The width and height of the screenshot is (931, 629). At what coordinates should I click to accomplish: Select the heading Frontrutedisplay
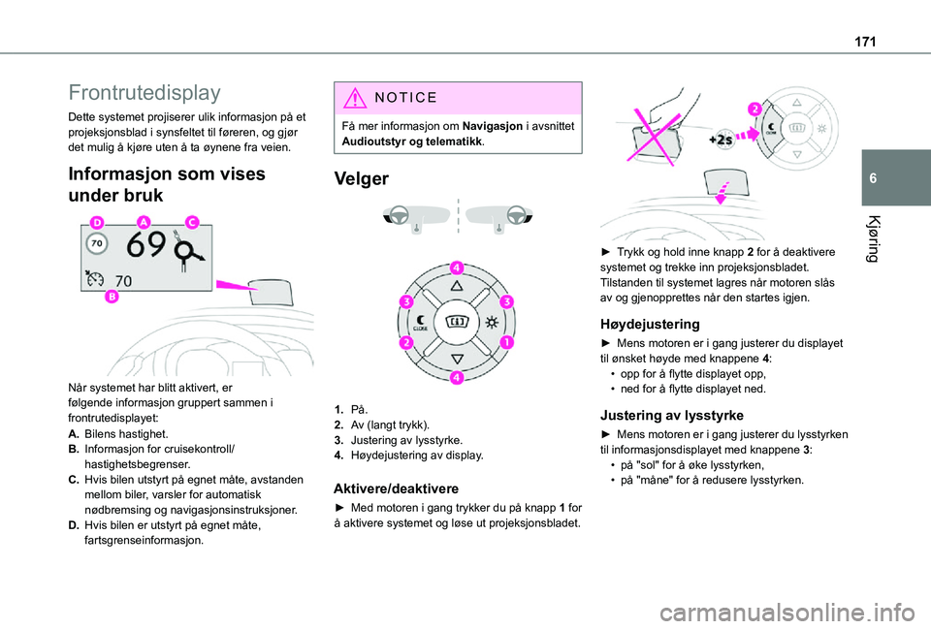144,94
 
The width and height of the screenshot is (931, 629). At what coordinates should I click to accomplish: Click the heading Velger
361,179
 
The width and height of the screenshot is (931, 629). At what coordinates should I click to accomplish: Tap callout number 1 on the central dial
508,342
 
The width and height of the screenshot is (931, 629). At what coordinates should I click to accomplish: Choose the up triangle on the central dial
457,288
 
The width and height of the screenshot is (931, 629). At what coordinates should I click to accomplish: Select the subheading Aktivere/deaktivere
397,488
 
